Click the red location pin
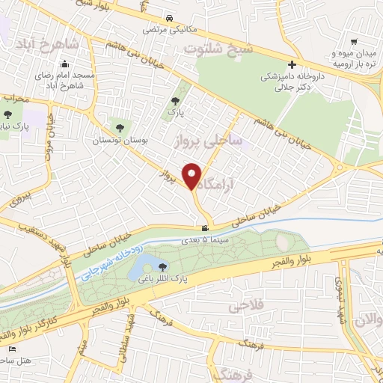[192, 175]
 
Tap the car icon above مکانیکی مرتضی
[171, 18]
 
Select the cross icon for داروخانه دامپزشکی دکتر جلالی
[292, 64]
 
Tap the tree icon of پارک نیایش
[7, 114]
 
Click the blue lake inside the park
[147, 264]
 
